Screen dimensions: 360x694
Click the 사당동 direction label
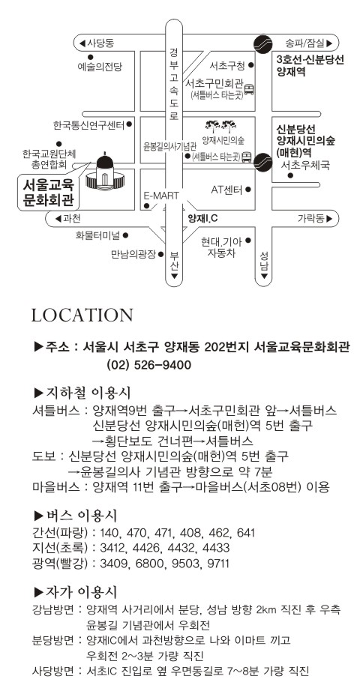coord(96,43)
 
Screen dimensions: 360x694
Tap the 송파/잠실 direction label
coord(309,43)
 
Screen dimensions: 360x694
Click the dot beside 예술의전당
coord(90,57)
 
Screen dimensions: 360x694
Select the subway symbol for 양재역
coord(261,43)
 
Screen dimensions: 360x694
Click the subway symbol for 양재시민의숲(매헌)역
coord(262,161)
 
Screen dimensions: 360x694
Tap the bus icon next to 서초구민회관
coord(249,90)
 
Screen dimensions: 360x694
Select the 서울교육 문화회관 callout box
coord(49,192)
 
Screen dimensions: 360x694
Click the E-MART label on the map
coord(161,195)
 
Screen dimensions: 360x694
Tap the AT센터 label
coord(226,190)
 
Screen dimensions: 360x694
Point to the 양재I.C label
coord(202,218)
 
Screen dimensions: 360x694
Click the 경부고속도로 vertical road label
coord(173,84)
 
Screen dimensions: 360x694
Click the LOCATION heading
coord(82,315)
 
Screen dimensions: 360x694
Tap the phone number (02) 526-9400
coord(148,365)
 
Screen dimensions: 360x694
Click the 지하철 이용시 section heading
coord(82,392)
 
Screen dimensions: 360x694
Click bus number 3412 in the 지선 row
coord(113,548)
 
